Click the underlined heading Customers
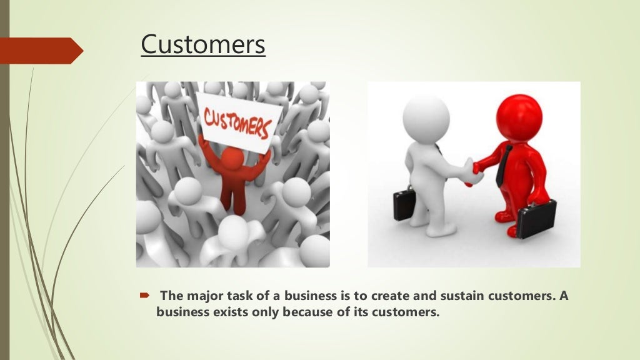pos(203,45)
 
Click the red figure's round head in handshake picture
pos(518,116)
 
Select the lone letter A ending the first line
pos(563,296)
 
